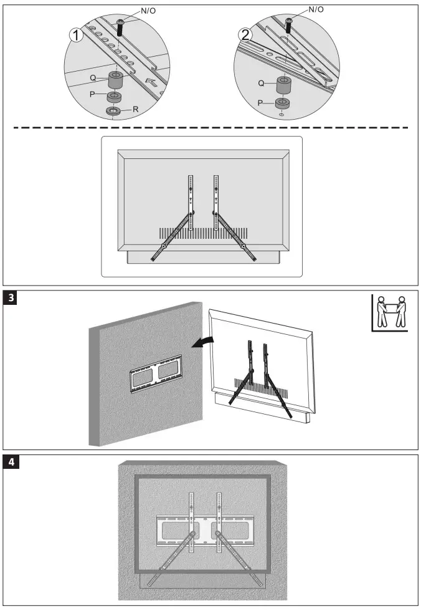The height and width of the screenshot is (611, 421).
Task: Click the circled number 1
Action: click(x=75, y=35)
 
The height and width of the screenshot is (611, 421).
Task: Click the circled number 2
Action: click(x=247, y=34)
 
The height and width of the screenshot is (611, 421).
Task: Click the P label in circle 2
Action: click(x=262, y=103)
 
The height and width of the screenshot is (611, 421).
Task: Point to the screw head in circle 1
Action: click(x=121, y=24)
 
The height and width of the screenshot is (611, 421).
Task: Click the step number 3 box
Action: click(x=11, y=298)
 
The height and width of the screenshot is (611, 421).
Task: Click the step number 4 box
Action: click(x=11, y=462)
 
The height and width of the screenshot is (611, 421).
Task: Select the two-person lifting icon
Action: click(x=390, y=312)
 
